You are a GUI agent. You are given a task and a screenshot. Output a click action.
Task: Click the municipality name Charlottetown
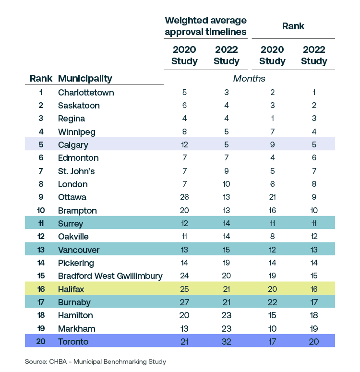tap(86, 92)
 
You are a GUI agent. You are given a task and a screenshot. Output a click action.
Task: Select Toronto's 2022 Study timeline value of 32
tap(226, 341)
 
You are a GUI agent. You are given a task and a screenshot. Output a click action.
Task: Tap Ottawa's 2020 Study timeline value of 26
tap(184, 197)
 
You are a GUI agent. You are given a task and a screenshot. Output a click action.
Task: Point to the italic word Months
tap(249, 78)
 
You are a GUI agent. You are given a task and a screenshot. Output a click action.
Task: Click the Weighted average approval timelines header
tap(205, 26)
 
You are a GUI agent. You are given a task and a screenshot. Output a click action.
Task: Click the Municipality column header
tap(85, 78)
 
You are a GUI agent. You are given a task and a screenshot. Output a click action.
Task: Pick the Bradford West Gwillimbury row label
tap(110, 276)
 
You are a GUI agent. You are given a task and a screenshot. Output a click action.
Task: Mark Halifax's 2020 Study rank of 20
tap(272, 289)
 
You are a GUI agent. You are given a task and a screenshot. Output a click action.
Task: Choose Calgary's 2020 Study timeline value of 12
tap(184, 144)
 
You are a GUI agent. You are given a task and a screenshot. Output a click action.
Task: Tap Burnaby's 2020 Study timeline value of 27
tap(184, 302)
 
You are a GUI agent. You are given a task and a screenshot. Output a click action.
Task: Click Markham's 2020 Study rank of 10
tap(272, 328)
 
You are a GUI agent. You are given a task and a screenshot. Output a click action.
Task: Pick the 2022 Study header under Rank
tap(314, 55)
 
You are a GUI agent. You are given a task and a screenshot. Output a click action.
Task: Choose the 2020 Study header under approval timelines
tap(184, 55)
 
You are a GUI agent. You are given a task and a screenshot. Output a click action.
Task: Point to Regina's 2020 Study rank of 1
tap(272, 119)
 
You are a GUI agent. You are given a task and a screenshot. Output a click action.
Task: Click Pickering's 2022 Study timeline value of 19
tap(226, 263)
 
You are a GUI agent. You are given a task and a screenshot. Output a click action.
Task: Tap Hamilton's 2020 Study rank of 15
tap(272, 315)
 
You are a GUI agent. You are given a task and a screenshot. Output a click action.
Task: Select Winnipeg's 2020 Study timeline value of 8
tap(184, 132)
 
